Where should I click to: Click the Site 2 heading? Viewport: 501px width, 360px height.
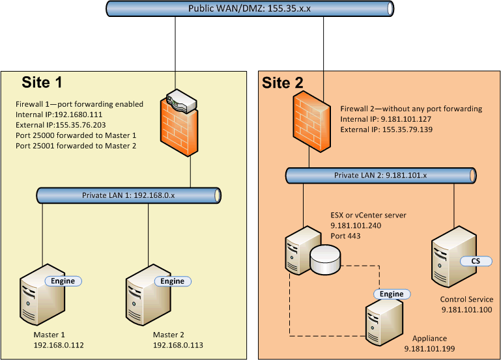282,83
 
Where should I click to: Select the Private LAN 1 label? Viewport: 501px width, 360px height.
128,195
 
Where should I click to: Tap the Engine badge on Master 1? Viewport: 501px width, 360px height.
63,281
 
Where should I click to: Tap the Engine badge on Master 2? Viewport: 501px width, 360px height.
172,281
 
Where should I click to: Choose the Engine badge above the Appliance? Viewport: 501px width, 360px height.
392,294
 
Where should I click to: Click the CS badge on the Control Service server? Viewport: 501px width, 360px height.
470,261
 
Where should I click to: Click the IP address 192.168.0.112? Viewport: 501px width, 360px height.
59,345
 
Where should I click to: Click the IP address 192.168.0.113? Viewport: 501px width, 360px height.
178,345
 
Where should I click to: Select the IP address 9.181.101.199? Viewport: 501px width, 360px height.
429,349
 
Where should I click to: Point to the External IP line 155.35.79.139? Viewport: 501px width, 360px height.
384,130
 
